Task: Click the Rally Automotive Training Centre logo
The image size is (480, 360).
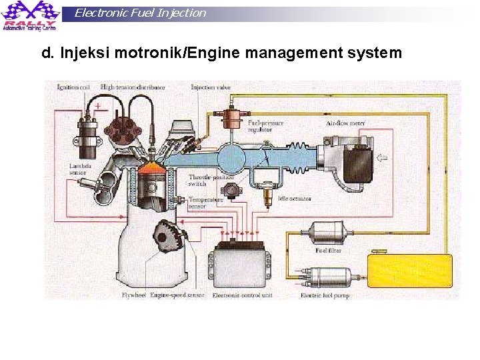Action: point(29,15)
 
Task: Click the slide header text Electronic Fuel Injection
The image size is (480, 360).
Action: point(140,13)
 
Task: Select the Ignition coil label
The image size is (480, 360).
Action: point(73,87)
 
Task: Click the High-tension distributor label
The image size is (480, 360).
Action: point(133,87)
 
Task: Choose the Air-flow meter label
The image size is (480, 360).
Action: point(345,123)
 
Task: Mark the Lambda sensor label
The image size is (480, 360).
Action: point(78,169)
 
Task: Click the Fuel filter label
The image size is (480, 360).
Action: point(328,250)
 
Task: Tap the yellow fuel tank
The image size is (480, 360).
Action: point(409,270)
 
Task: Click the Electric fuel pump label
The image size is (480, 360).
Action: point(325,295)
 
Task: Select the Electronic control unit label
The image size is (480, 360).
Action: point(243,295)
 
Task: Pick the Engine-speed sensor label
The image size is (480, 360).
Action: point(177,295)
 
